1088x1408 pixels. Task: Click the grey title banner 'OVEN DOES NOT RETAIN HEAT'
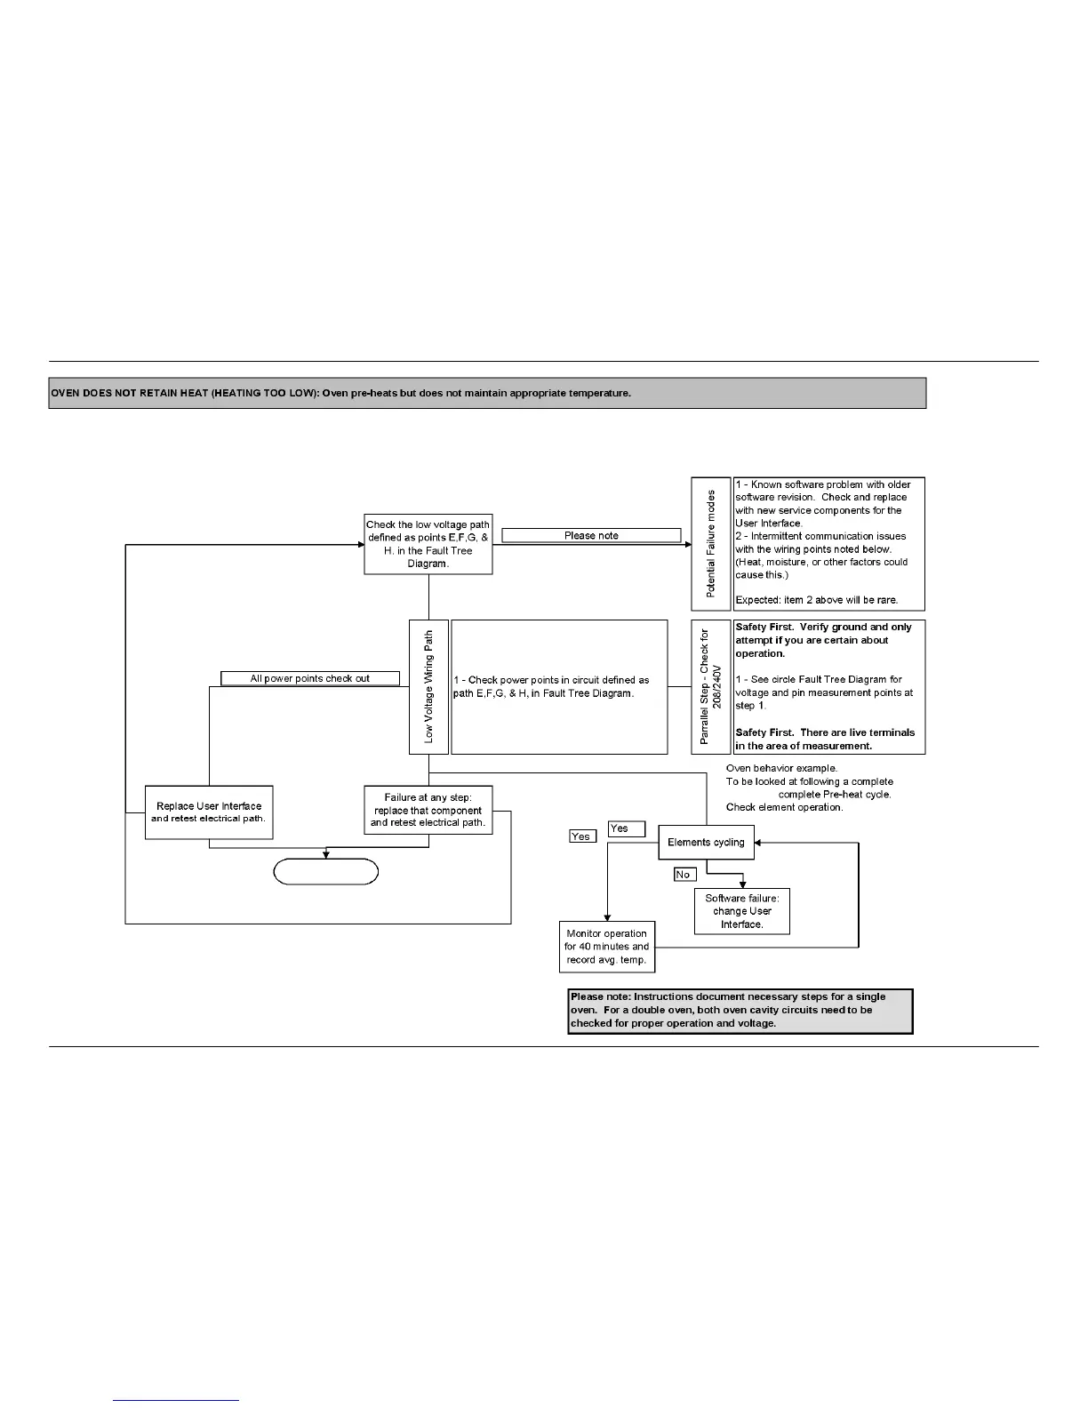(487, 393)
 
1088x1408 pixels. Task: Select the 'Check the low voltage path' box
(428, 544)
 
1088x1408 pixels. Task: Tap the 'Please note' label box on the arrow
(591, 535)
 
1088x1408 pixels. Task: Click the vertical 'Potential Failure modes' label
(710, 544)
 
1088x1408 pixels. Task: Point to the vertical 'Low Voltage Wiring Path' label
(428, 686)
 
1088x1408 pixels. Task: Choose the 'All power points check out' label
(309, 678)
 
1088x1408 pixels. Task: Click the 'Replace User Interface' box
(209, 812)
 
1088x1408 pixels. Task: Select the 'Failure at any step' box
(428, 810)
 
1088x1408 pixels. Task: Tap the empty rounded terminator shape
(325, 872)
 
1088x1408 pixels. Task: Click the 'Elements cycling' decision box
(706, 842)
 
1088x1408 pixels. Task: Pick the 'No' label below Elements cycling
(683, 875)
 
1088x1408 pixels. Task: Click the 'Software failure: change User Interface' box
(742, 911)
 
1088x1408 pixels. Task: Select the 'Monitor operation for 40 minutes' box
(606, 947)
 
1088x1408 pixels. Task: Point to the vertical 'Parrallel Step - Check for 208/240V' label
(710, 686)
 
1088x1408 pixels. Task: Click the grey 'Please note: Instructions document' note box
(740, 1010)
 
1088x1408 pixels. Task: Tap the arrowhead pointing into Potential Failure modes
(687, 544)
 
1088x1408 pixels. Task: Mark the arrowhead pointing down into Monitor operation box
(607, 917)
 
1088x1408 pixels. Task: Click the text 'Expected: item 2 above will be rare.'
(816, 600)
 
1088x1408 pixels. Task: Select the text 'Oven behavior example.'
(781, 768)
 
